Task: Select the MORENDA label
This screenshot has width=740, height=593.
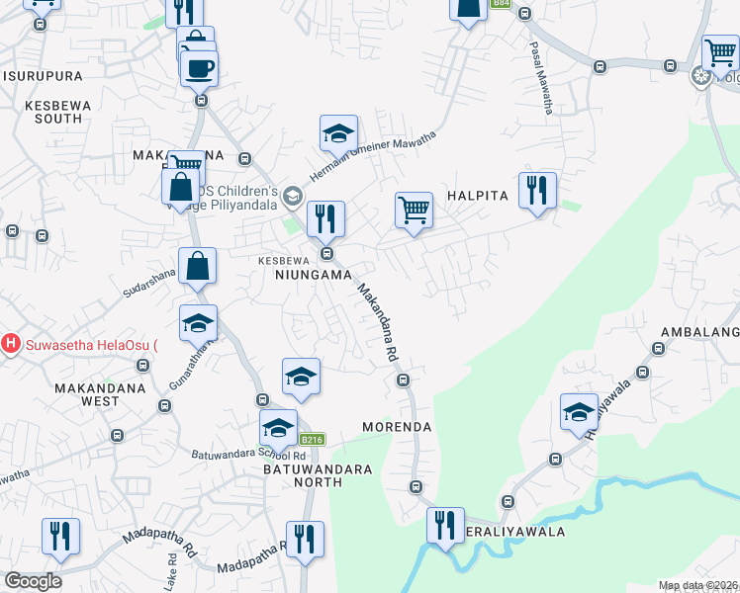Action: click(x=397, y=427)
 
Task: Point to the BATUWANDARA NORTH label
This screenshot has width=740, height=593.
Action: click(x=303, y=475)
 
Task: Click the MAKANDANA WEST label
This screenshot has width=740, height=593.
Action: click(x=101, y=394)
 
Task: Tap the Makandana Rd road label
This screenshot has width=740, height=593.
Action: click(x=377, y=321)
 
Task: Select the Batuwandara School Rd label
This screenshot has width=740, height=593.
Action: click(x=249, y=455)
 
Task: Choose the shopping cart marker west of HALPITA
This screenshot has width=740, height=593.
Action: click(x=414, y=210)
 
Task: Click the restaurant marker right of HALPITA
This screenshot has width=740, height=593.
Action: click(x=537, y=190)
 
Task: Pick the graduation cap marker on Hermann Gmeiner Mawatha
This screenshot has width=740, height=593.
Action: click(x=338, y=132)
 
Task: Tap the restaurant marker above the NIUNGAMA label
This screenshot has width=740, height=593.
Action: click(x=325, y=218)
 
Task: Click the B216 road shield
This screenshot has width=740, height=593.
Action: click(x=312, y=440)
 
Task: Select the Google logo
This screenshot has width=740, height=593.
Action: click(x=33, y=581)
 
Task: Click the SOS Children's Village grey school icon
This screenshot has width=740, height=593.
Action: click(x=292, y=196)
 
